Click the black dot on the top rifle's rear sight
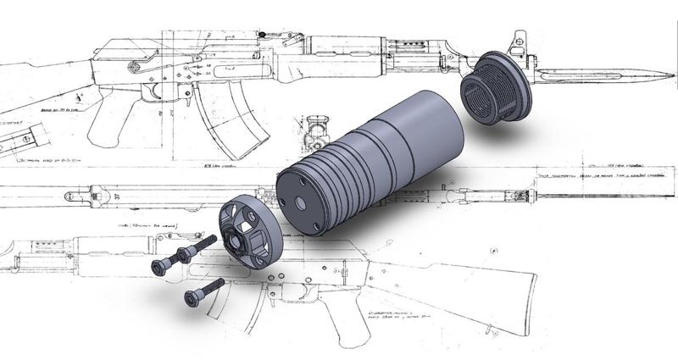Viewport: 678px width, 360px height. click(x=264, y=34)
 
